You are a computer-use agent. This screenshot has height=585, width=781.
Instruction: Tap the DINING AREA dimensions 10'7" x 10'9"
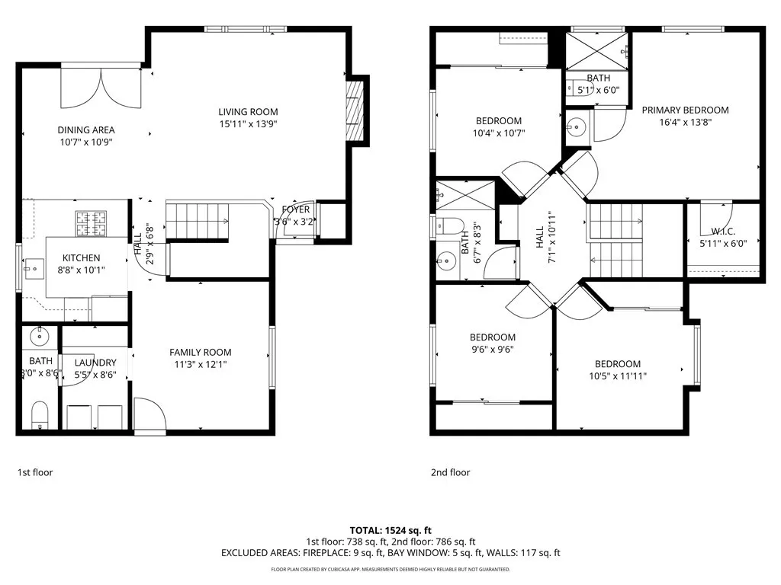tap(86, 142)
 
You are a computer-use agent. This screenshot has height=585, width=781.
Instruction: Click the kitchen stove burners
tap(92, 222)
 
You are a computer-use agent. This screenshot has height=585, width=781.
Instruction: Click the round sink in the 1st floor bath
tap(40, 334)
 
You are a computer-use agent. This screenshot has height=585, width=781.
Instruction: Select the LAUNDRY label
tap(95, 363)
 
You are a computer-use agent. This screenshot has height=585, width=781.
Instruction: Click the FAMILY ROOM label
tap(200, 352)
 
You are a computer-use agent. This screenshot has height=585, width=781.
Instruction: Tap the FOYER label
tap(295, 209)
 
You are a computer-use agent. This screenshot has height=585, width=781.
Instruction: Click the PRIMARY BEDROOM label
tap(685, 110)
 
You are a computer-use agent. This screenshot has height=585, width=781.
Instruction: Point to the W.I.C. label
tap(723, 232)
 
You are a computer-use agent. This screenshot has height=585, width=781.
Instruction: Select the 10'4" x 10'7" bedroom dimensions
tap(499, 133)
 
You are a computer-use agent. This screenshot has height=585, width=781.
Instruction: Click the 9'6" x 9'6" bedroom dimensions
tap(492, 350)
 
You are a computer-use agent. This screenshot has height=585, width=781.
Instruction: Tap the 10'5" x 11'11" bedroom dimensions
tap(618, 376)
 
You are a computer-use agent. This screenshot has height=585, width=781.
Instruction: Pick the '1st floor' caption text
tap(35, 472)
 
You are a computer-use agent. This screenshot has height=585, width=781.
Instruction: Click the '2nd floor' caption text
tap(450, 472)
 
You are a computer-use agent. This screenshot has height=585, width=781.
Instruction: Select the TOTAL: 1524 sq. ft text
tap(390, 529)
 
